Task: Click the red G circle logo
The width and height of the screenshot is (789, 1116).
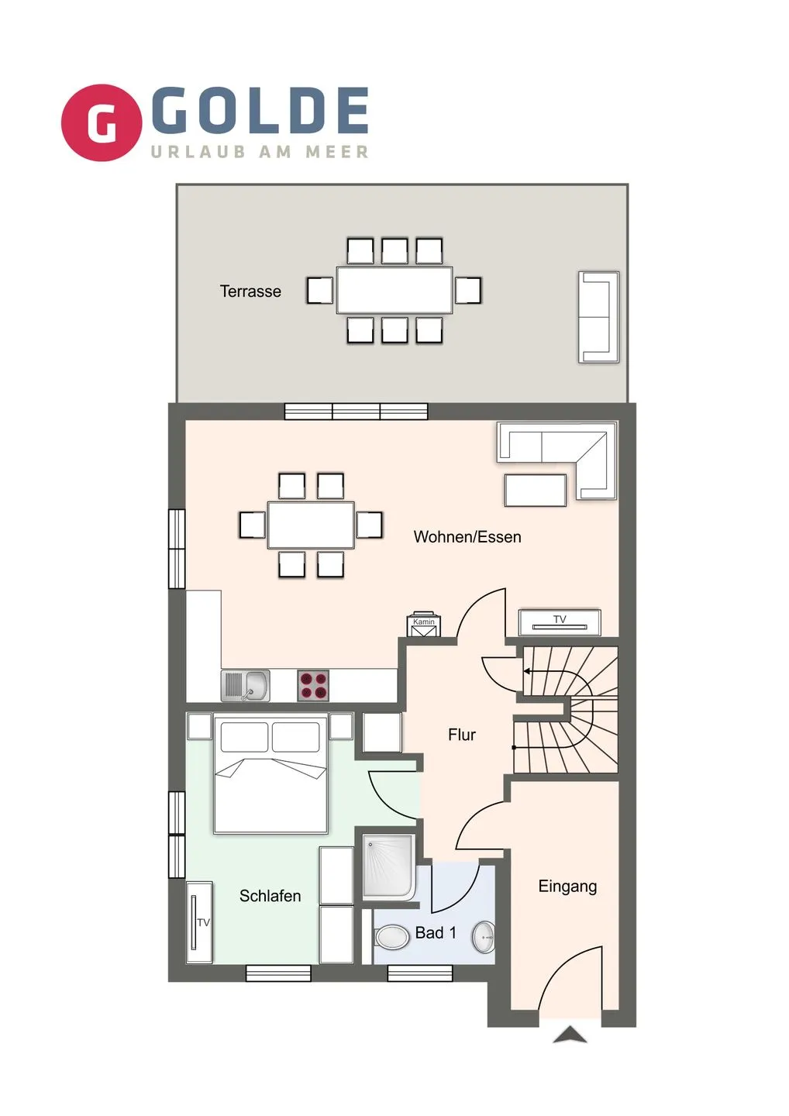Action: click(102, 122)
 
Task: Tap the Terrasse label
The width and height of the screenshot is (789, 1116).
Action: click(250, 291)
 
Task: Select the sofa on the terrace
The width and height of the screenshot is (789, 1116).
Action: click(598, 316)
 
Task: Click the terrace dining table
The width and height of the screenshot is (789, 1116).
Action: click(394, 290)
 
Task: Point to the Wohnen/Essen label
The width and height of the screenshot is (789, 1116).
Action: click(467, 537)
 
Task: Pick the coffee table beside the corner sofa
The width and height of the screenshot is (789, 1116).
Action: click(535, 491)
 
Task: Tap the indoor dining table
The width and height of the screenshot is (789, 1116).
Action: click(311, 525)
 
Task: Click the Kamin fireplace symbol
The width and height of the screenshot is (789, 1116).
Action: click(424, 625)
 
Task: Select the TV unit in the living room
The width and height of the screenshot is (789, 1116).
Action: click(559, 622)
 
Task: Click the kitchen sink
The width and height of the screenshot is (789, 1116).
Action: click(246, 686)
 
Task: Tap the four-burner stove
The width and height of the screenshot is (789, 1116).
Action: click(313, 686)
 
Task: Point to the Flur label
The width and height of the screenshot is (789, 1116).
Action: click(461, 735)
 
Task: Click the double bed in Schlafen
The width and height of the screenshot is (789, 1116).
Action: click(270, 775)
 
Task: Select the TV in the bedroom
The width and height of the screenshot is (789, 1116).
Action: click(199, 921)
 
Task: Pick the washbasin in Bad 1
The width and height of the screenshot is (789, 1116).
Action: click(484, 937)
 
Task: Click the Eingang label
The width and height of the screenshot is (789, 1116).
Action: click(567, 887)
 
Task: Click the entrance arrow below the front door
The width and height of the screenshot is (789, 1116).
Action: click(570, 1035)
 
